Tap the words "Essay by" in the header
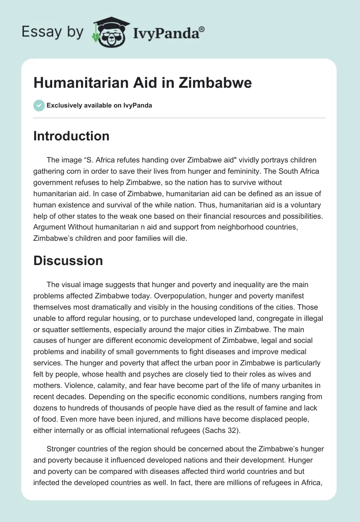click(53, 32)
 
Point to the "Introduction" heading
click(71, 136)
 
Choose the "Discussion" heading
click(68, 261)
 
